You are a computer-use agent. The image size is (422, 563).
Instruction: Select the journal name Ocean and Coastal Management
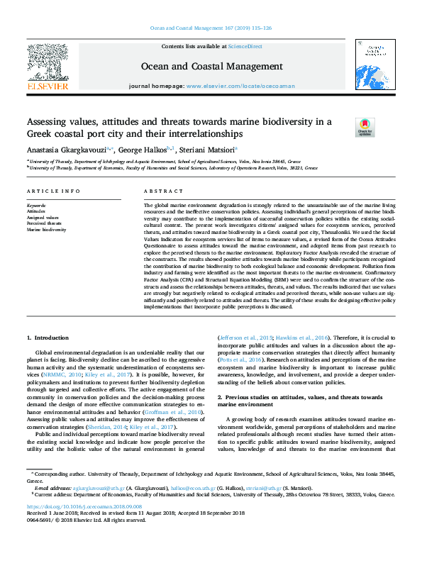[211, 67]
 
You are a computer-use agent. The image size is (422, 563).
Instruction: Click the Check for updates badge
[365, 127]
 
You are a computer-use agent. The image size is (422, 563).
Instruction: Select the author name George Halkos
[141, 150]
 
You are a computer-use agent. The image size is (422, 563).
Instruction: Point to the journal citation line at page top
[211, 29]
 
